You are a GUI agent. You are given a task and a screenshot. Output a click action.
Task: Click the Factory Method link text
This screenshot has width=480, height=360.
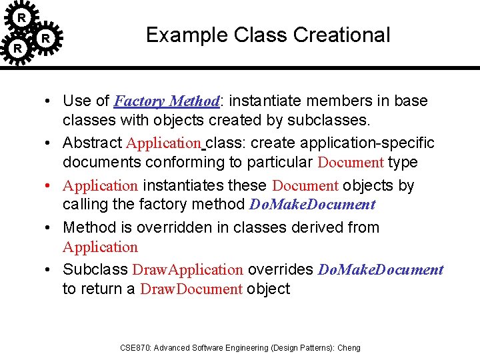pyautogui.click(x=167, y=101)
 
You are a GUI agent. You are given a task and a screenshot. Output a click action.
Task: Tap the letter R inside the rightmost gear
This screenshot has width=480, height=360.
pyautogui.click(x=45, y=39)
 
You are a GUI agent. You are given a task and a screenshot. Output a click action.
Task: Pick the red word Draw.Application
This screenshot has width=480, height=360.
pyautogui.click(x=188, y=270)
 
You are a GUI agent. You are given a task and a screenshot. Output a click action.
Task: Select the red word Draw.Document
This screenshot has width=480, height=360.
pyautogui.click(x=191, y=289)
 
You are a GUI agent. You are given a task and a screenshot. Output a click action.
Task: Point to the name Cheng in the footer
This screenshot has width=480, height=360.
pyautogui.click(x=349, y=347)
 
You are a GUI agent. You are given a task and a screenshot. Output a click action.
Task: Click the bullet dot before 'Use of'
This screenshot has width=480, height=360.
pyautogui.click(x=50, y=101)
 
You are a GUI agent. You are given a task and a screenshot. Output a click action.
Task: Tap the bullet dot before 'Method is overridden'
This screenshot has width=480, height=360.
pyautogui.click(x=50, y=227)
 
